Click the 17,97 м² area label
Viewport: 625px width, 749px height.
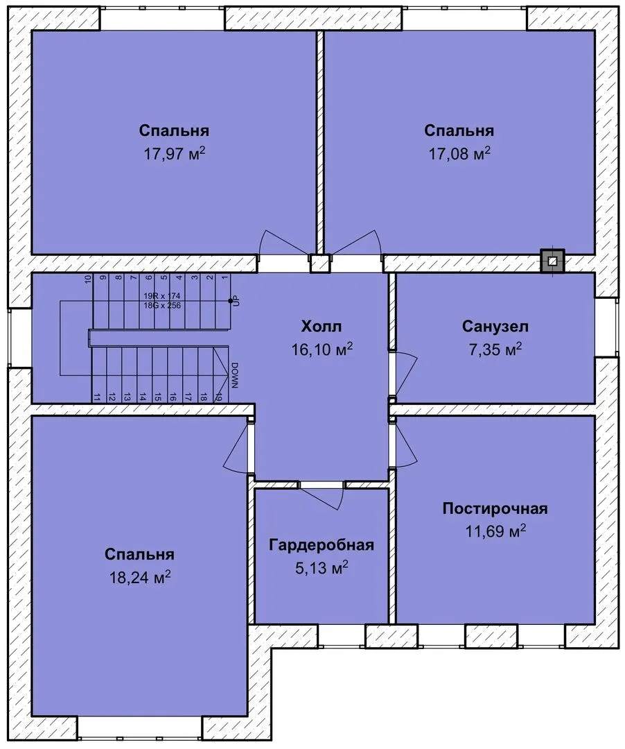(x=175, y=153)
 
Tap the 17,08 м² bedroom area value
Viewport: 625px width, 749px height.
(x=460, y=153)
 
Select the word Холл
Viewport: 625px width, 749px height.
(x=322, y=327)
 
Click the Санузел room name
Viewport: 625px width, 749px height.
(x=495, y=327)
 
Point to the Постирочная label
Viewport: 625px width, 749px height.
(x=495, y=508)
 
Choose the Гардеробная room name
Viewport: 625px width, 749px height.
(x=321, y=545)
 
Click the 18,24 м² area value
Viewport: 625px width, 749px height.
(x=140, y=578)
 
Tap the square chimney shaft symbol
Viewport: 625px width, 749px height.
(x=552, y=261)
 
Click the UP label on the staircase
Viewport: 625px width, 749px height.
(x=236, y=301)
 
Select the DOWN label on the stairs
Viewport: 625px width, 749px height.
(x=235, y=375)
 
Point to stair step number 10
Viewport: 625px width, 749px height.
(x=87, y=279)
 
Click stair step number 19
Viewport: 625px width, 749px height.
(x=218, y=397)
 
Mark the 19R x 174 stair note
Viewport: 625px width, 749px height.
(x=162, y=296)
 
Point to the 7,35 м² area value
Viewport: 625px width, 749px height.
(x=495, y=349)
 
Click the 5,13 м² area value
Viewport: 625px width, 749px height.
(x=321, y=568)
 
